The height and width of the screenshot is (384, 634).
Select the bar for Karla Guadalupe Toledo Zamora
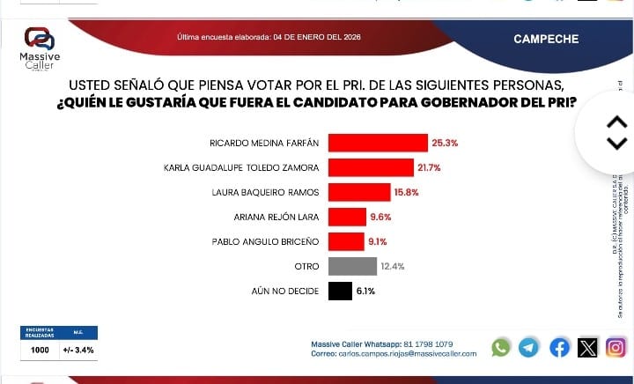(x=371, y=167)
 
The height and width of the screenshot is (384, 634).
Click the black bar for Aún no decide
(x=340, y=291)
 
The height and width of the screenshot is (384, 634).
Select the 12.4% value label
(x=393, y=266)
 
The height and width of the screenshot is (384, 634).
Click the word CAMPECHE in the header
(x=546, y=39)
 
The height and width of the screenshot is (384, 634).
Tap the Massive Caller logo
(x=40, y=48)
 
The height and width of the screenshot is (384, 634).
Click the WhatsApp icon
(x=501, y=348)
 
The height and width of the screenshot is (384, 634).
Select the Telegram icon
(x=528, y=348)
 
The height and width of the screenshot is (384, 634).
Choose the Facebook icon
(x=559, y=348)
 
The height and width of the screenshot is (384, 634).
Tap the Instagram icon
(x=616, y=348)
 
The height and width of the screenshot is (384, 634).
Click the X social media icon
(x=587, y=348)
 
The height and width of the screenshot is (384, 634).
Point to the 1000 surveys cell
(x=40, y=350)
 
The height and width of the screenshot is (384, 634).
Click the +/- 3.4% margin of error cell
(x=78, y=350)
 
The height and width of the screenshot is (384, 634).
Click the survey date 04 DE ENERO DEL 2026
(x=317, y=38)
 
